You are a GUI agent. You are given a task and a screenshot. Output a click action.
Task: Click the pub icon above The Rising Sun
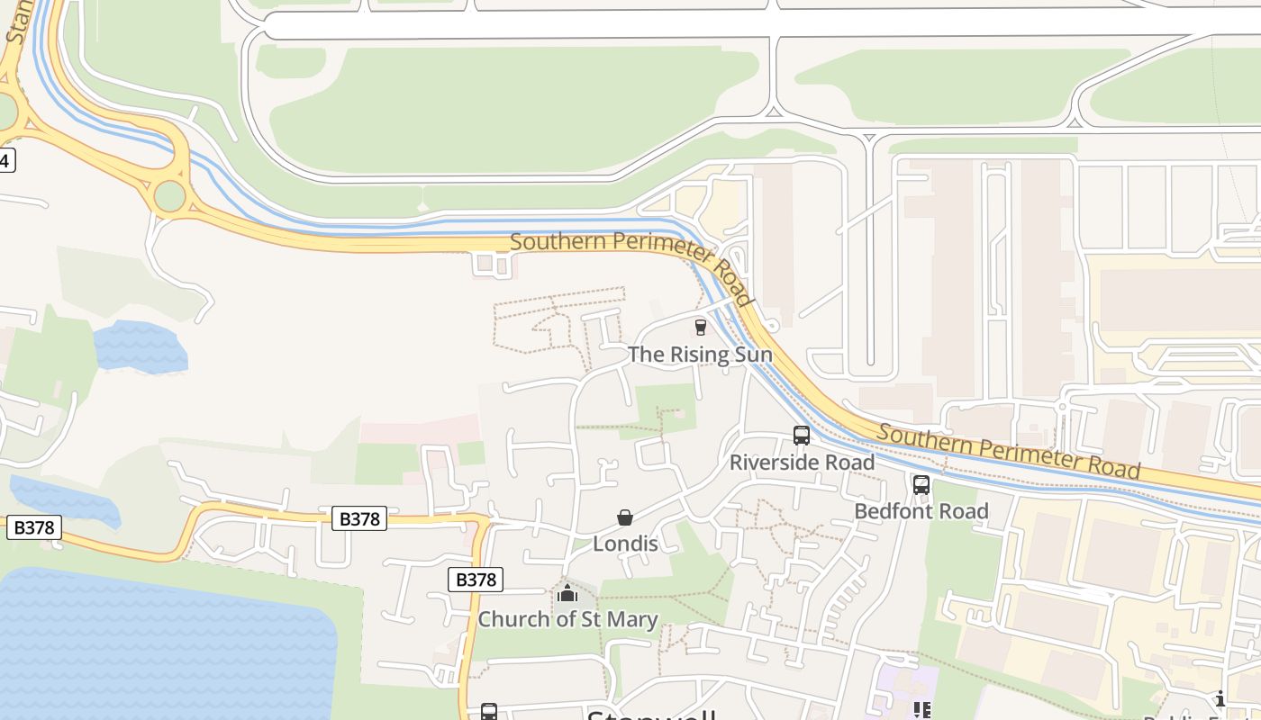701,327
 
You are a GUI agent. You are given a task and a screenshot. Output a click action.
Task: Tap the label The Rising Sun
700,355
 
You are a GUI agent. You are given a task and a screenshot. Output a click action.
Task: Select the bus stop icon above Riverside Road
802,436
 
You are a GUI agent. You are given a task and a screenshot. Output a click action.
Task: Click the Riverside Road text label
802,463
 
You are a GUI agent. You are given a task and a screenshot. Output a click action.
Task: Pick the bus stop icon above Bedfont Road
921,484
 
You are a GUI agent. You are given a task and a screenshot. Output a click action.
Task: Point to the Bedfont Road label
921,511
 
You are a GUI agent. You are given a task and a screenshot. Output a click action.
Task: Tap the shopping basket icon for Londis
625,517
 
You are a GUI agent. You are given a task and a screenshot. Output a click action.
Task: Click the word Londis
625,544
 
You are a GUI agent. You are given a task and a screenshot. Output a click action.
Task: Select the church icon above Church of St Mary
567,593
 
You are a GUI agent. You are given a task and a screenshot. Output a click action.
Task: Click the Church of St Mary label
567,619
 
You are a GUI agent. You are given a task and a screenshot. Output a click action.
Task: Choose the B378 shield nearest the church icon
476,580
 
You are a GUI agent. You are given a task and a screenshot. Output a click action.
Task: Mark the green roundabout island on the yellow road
169,196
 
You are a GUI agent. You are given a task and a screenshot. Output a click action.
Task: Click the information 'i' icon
1220,699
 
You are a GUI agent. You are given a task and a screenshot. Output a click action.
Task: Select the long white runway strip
721,24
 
